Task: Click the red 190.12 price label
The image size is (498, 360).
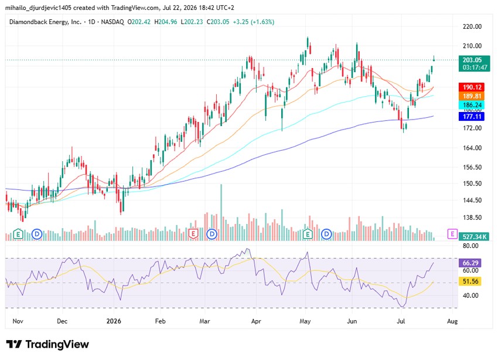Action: tap(472, 87)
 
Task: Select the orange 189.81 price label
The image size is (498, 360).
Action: tap(472, 96)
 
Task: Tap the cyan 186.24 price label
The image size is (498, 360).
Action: tap(472, 105)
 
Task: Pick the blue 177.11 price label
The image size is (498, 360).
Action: tap(472, 116)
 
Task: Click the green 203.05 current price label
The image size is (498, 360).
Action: tap(475, 63)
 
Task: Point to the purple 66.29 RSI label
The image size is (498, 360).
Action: tap(470, 263)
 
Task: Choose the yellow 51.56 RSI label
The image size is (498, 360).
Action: tap(470, 281)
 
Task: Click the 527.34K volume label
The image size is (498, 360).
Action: tap(475, 237)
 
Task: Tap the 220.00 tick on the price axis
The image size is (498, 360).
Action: tap(472, 27)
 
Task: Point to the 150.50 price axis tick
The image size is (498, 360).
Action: tap(472, 184)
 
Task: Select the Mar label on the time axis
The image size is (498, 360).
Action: tap(204, 321)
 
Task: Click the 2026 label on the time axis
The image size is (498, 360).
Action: tap(114, 321)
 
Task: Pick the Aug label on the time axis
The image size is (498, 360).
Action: tap(452, 321)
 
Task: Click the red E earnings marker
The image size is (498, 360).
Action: tap(193, 234)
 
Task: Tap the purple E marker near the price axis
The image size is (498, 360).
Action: tap(452, 234)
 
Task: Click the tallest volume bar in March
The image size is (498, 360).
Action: tap(221, 212)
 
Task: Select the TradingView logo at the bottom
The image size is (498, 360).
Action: tap(47, 344)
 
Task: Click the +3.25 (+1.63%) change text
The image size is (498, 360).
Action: tap(254, 22)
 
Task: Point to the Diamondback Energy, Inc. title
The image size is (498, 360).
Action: tap(46, 22)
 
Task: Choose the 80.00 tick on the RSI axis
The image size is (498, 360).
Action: tap(470, 246)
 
